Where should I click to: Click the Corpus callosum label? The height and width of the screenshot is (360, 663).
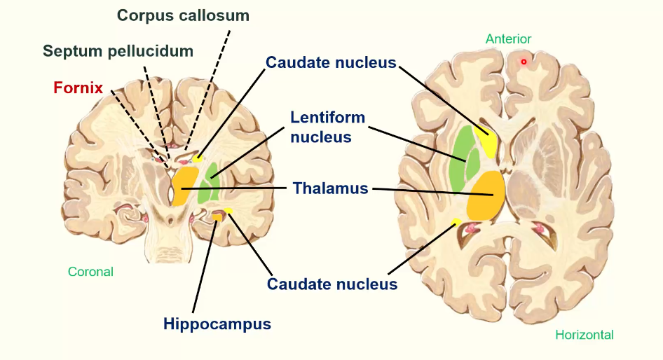pos(183,15)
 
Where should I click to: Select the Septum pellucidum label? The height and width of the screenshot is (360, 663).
pos(118,51)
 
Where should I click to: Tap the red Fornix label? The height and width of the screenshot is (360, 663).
pos(78,88)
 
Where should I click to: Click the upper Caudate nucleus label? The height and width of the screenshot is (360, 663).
pos(331,63)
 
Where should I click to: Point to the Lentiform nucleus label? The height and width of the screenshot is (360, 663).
pos(328,127)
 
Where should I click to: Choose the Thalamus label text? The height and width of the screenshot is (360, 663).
pos(330,188)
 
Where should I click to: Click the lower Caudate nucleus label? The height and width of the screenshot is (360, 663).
pos(332,284)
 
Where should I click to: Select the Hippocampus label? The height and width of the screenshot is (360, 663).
pos(217,324)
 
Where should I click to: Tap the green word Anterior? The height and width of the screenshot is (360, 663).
pos(508,39)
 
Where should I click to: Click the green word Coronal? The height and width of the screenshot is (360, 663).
pos(90,271)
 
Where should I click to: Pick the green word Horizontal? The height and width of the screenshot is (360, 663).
pos(584,335)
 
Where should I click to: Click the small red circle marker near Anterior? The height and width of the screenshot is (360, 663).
pos(524,62)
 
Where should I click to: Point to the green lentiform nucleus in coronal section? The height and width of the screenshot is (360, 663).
pos(209,188)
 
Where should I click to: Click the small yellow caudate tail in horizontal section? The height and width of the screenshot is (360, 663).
pos(457,223)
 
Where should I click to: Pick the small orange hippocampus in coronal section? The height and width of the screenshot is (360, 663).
pos(218,217)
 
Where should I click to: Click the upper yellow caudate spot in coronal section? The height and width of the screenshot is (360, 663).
pos(198,159)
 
